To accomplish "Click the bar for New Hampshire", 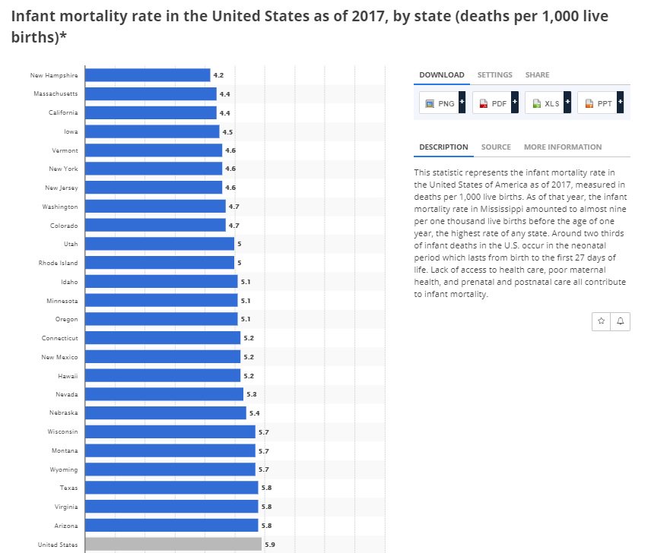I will pyautogui.click(x=147, y=75).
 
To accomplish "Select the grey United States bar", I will pyautogui.click(x=173, y=544).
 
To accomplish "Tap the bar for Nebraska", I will pyautogui.click(x=165, y=413).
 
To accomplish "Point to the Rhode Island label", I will pyautogui.click(x=59, y=263).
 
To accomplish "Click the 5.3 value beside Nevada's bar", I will pyautogui.click(x=252, y=394).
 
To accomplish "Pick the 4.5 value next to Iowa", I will pyautogui.click(x=227, y=131).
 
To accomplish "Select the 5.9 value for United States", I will pyautogui.click(x=270, y=545).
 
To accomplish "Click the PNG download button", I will pyautogui.click(x=440, y=103).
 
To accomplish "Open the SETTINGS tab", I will pyautogui.click(x=494, y=75).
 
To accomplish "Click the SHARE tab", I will pyautogui.click(x=537, y=75).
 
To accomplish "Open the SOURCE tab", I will pyautogui.click(x=496, y=147).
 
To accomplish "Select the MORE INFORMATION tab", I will pyautogui.click(x=562, y=147).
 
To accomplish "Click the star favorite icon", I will pyautogui.click(x=602, y=321).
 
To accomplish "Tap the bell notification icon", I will pyautogui.click(x=621, y=321).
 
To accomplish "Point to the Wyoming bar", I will pyautogui.click(x=170, y=469).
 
